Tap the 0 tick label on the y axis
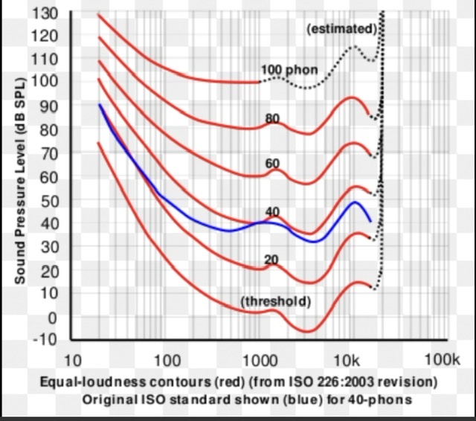51,318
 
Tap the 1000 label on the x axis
260,361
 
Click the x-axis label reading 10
72,361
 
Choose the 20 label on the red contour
271,259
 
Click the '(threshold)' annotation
275,302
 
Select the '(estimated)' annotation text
341,28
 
